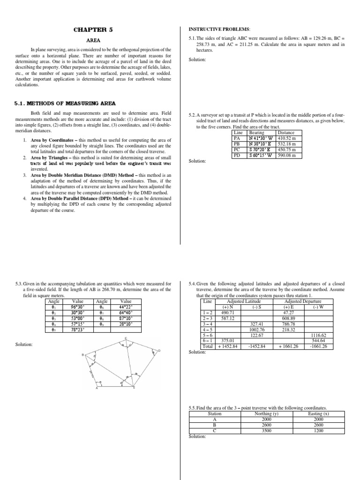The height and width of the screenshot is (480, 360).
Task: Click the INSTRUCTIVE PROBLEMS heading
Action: pos(216,29)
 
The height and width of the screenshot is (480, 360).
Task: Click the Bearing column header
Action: pos(257,133)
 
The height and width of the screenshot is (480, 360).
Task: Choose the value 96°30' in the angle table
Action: pos(77,307)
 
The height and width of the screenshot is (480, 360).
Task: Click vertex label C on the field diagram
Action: pos(126,338)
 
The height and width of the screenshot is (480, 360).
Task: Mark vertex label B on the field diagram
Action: pos(83,355)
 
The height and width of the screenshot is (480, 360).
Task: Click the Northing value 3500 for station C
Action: pos(266,431)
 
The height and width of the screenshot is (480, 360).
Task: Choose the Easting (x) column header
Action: pos(318,414)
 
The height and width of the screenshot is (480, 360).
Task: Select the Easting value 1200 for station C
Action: pos(318,431)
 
